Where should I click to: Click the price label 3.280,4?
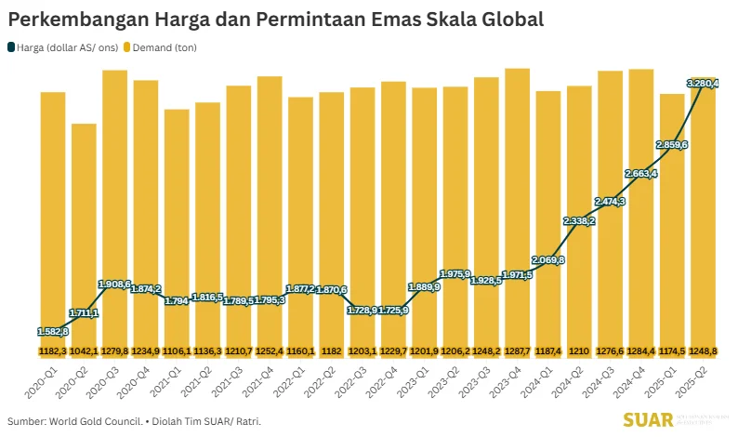pos(703,84)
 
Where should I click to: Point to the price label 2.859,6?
pos(671,145)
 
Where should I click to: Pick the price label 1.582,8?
pos(53,330)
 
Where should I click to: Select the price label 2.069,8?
pos(547,259)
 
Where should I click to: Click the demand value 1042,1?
pos(84,351)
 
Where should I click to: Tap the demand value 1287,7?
pos(517,351)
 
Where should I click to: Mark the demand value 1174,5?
pos(671,351)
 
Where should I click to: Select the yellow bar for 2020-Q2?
pos(84,232)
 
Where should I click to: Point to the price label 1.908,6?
pos(115,283)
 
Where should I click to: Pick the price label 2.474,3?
pos(610,202)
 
